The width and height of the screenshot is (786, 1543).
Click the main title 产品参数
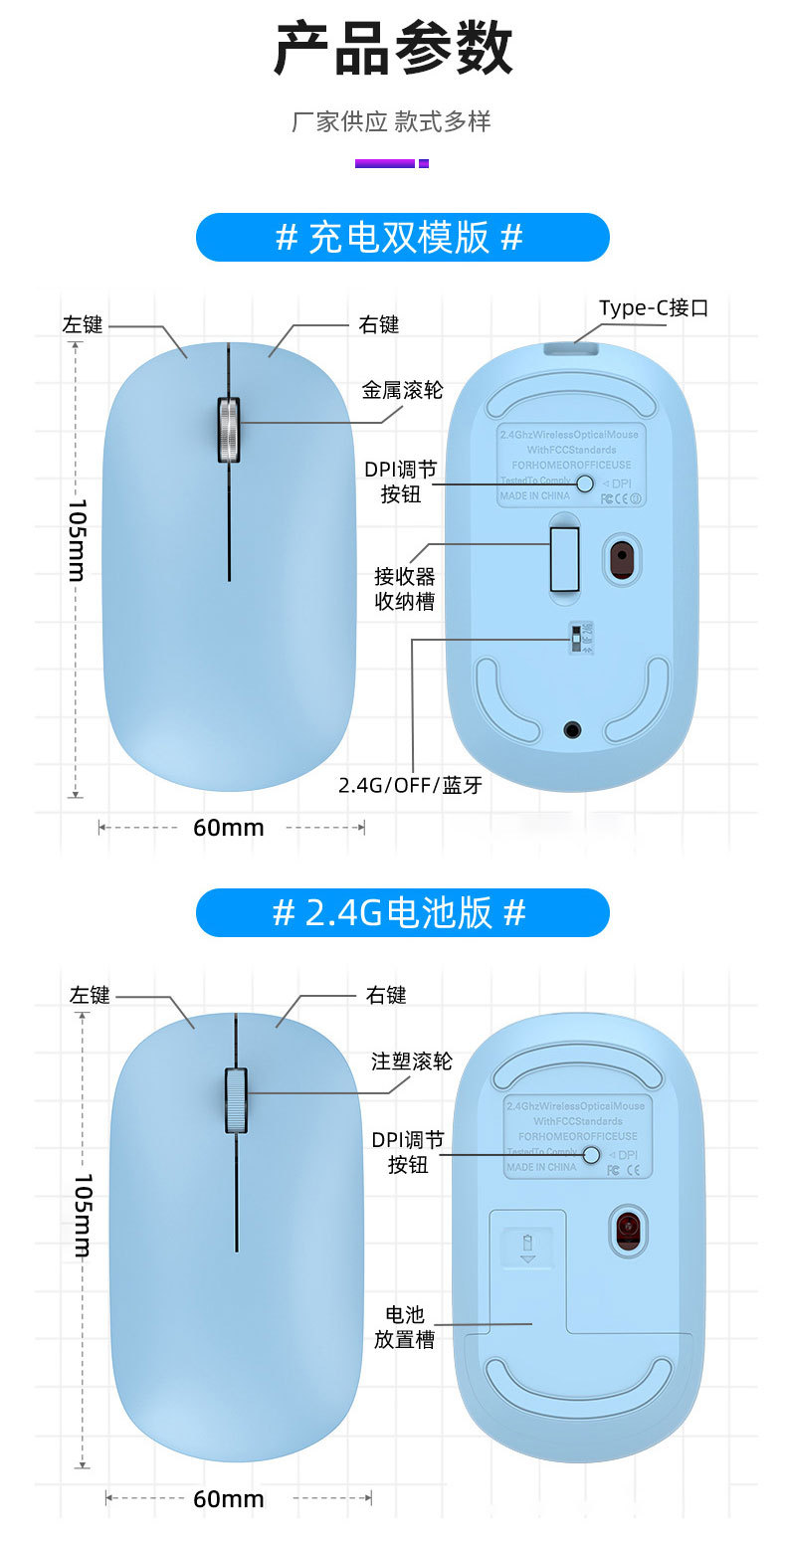[x=393, y=50]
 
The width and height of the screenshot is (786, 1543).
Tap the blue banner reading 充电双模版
[x=402, y=238]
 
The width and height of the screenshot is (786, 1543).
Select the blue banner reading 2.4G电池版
[x=402, y=912]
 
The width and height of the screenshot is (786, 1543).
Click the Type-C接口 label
[x=653, y=308]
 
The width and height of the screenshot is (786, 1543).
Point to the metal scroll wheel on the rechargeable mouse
[x=229, y=430]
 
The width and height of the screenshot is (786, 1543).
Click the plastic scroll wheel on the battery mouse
[x=236, y=1099]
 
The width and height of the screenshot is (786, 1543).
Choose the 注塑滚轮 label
[x=411, y=1061]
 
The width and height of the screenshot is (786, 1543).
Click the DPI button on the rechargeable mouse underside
[x=585, y=483]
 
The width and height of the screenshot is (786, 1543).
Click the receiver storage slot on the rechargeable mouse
[x=565, y=559]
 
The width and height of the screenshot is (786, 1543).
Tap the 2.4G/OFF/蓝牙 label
[x=410, y=785]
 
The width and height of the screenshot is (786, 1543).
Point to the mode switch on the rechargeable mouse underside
[x=578, y=639]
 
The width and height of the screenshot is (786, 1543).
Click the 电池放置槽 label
[x=404, y=1327]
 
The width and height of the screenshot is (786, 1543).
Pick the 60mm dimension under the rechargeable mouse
[x=229, y=827]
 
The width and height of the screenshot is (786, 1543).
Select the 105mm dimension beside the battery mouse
[x=84, y=1216]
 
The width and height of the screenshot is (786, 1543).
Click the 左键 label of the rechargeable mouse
[x=83, y=325]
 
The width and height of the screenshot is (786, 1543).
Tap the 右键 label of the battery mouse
[x=386, y=996]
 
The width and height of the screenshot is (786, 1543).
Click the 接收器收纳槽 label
[x=404, y=589]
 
